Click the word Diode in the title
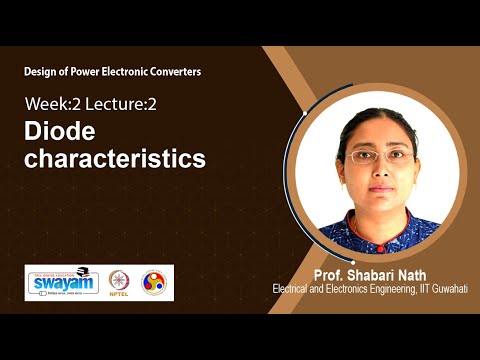click(x=57, y=131)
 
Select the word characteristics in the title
click(x=115, y=158)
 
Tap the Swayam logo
click(x=62, y=282)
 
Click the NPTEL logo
click(x=119, y=283)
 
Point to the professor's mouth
click(x=376, y=187)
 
